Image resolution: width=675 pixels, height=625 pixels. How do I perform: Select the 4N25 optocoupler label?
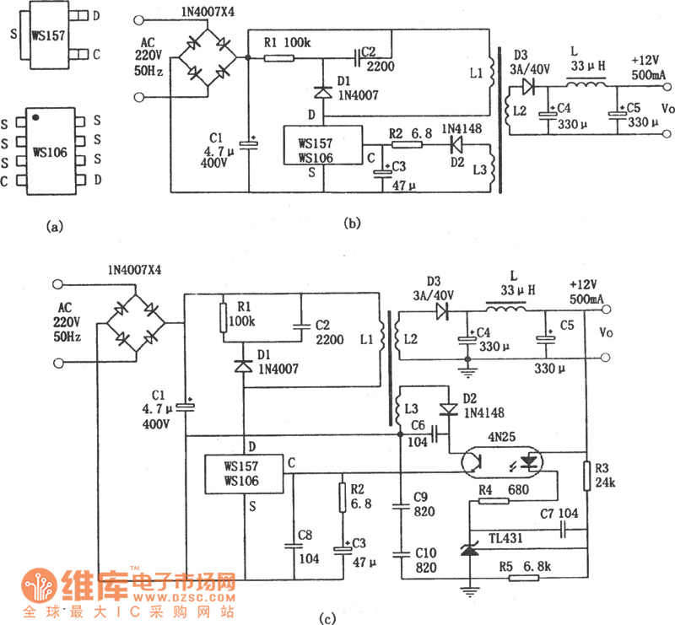(x=505, y=437)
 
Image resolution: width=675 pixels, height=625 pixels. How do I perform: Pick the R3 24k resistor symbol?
(x=585, y=476)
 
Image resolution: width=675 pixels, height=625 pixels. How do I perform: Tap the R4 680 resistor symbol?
(x=494, y=501)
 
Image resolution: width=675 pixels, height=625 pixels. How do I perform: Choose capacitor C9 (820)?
(x=401, y=507)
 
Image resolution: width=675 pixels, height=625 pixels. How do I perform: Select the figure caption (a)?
(x=56, y=226)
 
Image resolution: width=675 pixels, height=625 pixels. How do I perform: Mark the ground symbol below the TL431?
(x=467, y=591)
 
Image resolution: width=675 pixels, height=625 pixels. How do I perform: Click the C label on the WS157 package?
(x=96, y=54)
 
